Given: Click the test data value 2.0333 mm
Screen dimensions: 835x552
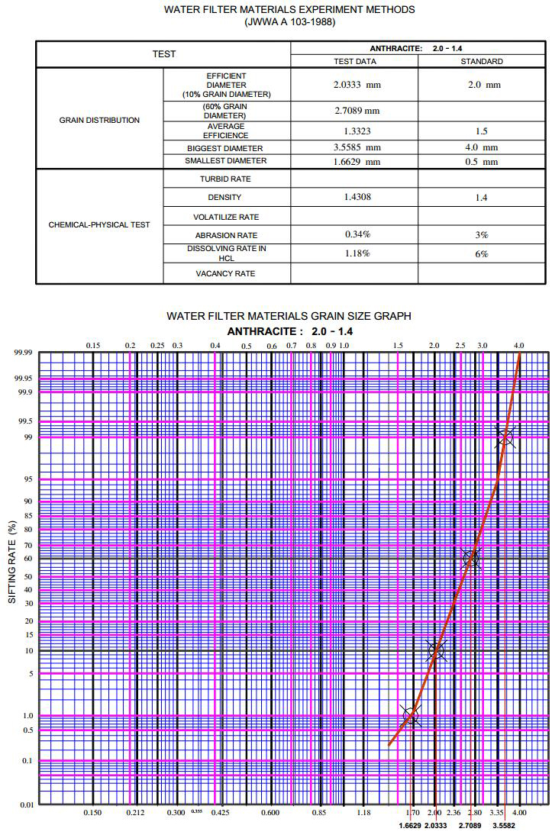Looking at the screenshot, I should [x=357, y=85].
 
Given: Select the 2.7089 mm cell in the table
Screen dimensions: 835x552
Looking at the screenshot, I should [x=357, y=111].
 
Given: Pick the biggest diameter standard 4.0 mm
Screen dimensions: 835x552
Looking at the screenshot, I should [x=482, y=147].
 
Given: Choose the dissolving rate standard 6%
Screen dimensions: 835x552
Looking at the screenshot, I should [x=482, y=253].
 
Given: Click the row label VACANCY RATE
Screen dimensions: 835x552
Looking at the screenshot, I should [x=225, y=273].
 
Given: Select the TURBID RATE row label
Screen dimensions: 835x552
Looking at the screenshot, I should [x=225, y=179].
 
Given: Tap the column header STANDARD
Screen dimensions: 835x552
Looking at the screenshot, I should [x=482, y=61].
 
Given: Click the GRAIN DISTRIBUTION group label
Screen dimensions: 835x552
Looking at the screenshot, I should [x=99, y=120].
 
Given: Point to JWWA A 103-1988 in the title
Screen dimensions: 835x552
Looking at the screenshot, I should [x=289, y=22].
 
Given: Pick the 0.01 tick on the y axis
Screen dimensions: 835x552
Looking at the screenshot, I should [x=26, y=804].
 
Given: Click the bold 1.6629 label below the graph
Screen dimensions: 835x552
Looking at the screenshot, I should [x=412, y=826].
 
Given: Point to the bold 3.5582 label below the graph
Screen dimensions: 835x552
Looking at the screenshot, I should [x=503, y=826].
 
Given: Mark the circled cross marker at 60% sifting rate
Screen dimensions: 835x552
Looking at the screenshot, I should [x=471, y=559].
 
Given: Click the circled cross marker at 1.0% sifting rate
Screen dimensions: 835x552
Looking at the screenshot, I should [x=412, y=716].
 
